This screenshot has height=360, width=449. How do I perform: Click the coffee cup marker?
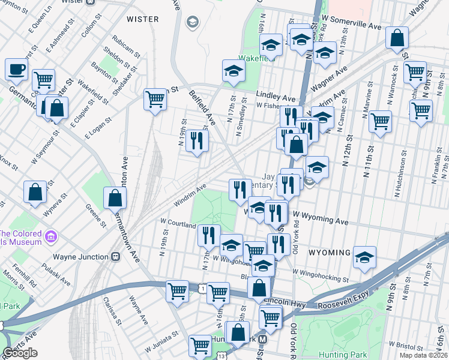click(17, 68)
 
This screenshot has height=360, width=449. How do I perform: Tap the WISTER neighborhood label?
click(143, 19)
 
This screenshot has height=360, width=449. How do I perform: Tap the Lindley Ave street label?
click(276, 97)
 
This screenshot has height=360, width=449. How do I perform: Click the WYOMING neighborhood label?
click(329, 253)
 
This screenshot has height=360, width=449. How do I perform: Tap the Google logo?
click(20, 353)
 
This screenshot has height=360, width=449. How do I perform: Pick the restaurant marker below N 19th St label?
click(197, 141)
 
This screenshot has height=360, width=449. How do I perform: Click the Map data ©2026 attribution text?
click(423, 355)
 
